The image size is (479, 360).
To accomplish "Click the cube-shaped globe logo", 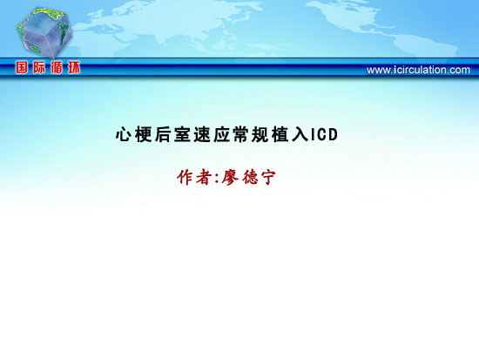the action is coord(44,32).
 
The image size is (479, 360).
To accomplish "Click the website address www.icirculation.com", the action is coord(418,70).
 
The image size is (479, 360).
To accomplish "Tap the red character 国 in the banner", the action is coord(22,67).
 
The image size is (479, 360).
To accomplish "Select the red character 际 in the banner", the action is coord(39,67).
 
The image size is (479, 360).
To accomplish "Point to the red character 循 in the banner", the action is coord(57,67).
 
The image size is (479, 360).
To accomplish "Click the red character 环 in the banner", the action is coord(74,67).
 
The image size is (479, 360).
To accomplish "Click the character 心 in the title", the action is coord(124,134).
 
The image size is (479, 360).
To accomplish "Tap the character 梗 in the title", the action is coord(144,134).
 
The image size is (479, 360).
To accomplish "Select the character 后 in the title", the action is coord(163,134).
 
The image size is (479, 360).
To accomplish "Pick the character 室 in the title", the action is coord(182,134).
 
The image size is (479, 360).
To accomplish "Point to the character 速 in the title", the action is coord(202,134).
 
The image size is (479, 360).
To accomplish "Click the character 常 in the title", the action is coord(241,134).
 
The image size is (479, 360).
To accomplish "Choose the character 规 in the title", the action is coord(260,134).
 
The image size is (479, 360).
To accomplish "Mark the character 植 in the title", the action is coord(280,134).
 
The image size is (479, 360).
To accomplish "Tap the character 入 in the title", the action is coord(300,134).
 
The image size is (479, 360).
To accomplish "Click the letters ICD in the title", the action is coord(324,134).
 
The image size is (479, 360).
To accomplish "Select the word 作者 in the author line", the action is coord(194,177).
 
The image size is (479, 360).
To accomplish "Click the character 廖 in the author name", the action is coord(230,177).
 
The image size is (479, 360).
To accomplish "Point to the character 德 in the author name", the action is coord(251,177).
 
